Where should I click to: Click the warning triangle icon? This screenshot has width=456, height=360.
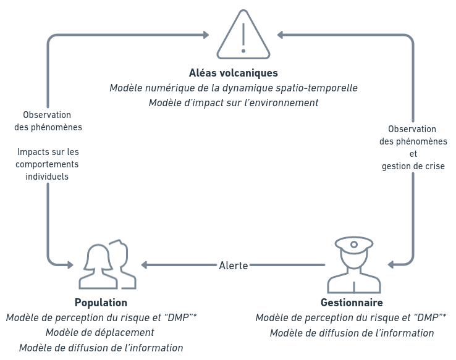243,35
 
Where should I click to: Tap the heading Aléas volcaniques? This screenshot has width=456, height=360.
234,73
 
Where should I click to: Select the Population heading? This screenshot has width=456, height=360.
101,303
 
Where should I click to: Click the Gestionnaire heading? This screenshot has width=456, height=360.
352,303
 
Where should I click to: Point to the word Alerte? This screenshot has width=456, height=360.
234,266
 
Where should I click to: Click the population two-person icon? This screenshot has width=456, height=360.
108,266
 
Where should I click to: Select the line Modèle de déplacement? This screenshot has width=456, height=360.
100,333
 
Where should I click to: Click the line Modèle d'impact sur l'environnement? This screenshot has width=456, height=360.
234,103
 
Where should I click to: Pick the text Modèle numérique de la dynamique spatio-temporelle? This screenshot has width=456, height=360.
234,88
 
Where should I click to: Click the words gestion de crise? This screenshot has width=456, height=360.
413,166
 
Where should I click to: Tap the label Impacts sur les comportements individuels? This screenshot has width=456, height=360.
47,164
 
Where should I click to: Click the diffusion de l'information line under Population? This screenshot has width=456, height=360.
101,348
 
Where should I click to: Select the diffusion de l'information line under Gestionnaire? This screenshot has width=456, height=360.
352,333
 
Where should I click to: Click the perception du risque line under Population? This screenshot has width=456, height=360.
101,317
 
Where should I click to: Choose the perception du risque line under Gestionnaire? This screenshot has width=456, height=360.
352,317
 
